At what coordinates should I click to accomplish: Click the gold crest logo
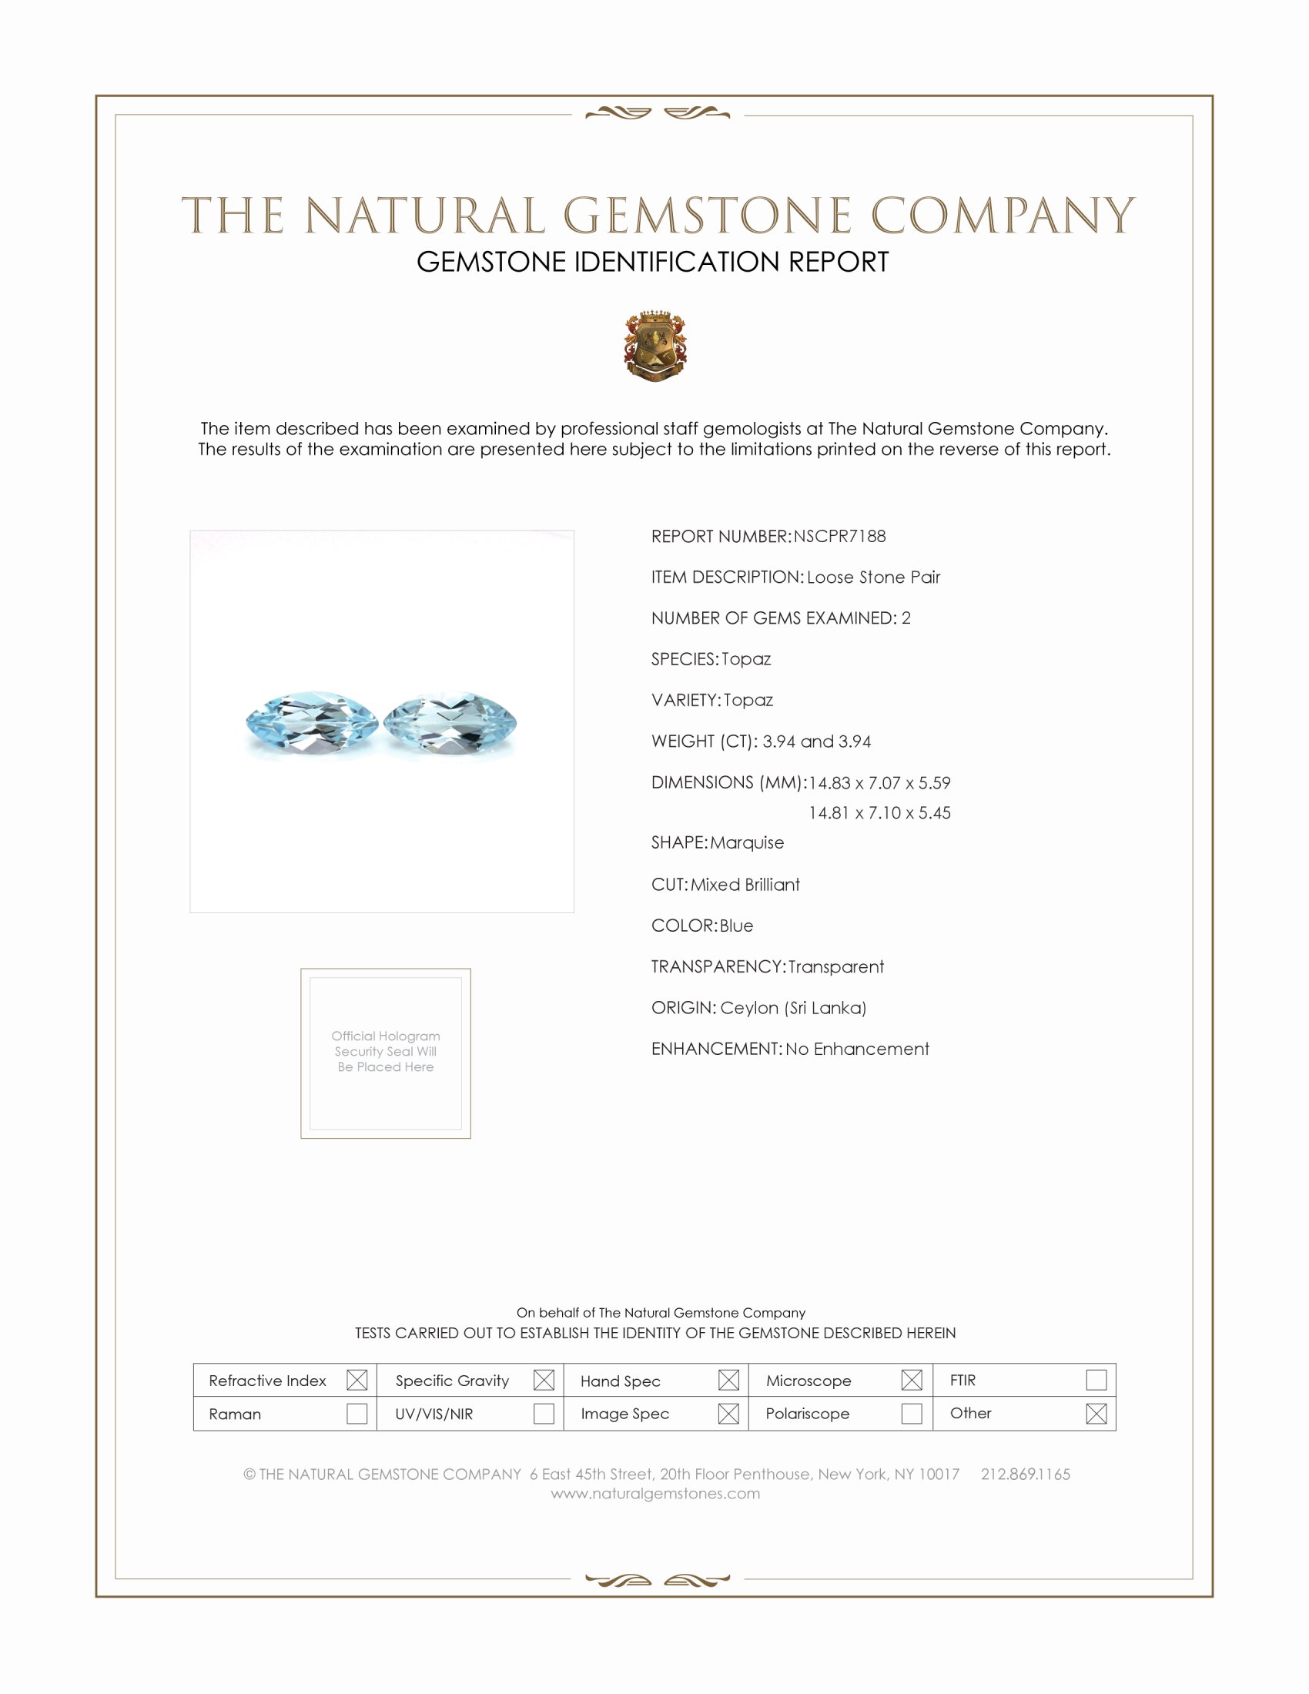click(x=655, y=346)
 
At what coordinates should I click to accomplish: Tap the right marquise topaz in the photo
click(x=450, y=723)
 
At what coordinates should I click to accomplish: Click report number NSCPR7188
click(x=839, y=536)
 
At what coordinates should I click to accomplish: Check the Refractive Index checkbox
click(x=357, y=1380)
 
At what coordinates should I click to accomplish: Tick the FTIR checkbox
click(x=1096, y=1380)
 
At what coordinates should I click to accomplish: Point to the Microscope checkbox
click(x=912, y=1380)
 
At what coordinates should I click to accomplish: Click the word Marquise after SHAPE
click(x=747, y=842)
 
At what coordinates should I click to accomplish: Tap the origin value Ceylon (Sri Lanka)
click(x=792, y=1008)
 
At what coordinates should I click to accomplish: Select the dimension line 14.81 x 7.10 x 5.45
click(x=879, y=813)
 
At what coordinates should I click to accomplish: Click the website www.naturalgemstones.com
click(x=655, y=1493)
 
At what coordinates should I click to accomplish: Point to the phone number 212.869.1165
click(x=1025, y=1474)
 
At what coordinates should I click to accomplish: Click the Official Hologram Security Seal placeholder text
click(x=386, y=1051)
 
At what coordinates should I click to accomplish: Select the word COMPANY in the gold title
click(x=1002, y=216)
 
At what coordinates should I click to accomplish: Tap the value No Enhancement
click(x=857, y=1049)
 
